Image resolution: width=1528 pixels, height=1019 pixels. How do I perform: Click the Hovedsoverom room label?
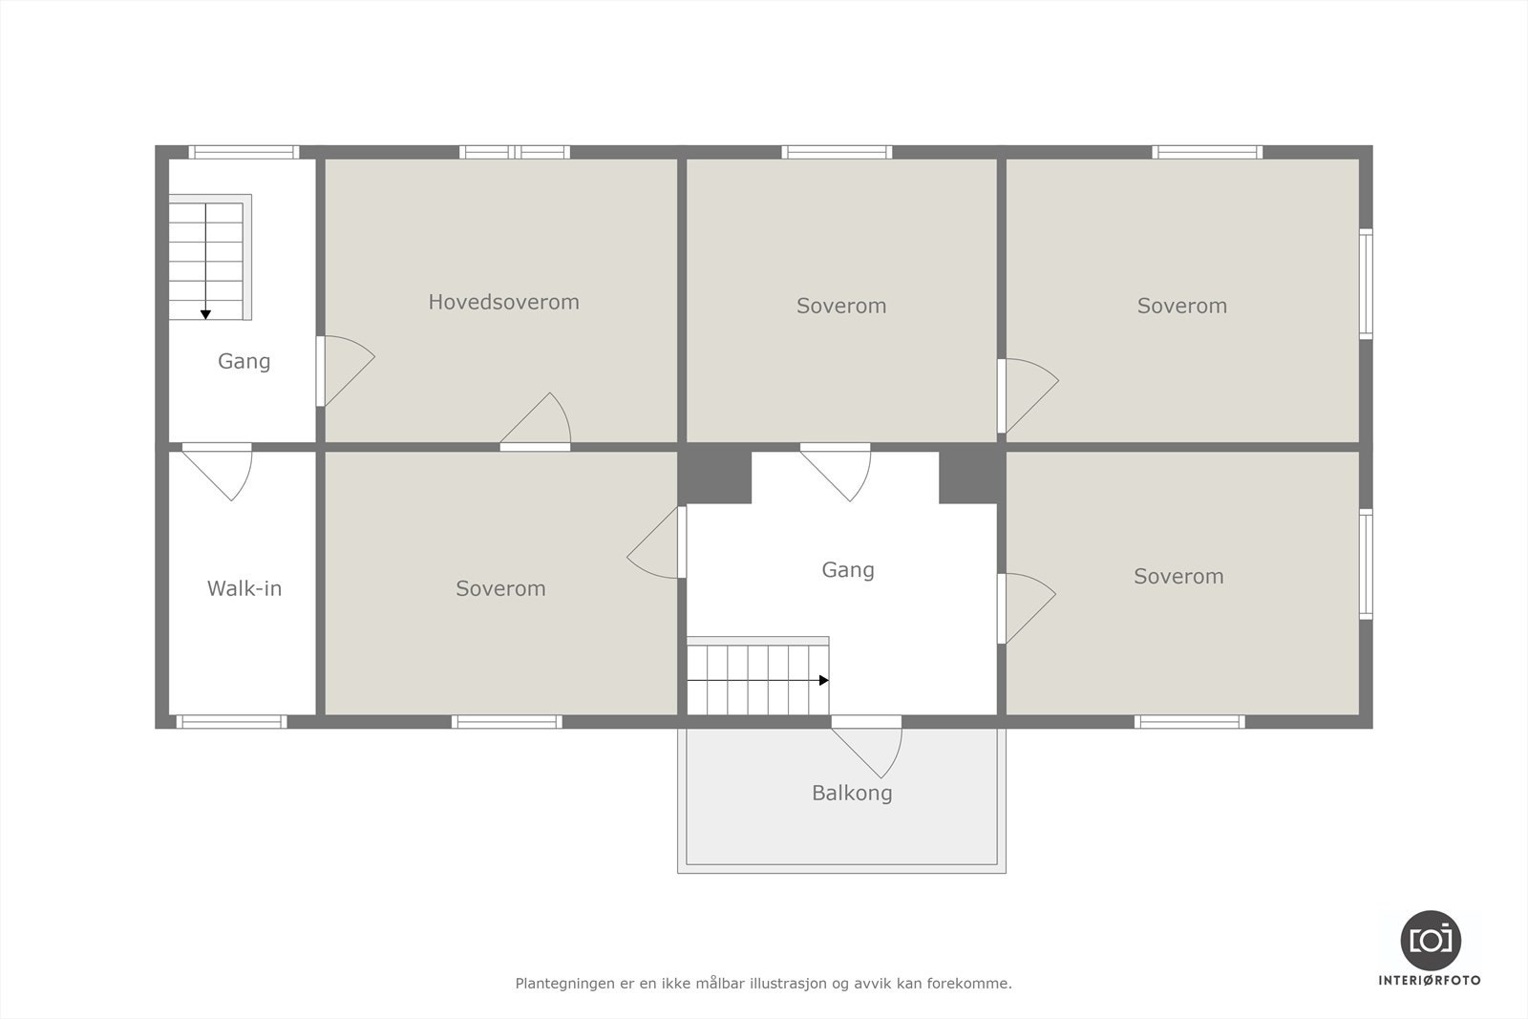[503, 302]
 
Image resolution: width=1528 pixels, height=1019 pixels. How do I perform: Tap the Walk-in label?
[244, 588]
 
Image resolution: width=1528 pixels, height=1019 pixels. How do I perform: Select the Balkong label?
[852, 793]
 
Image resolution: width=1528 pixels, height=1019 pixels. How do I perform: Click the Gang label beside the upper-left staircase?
[244, 361]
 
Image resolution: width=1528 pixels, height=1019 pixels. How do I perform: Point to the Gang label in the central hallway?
[848, 569]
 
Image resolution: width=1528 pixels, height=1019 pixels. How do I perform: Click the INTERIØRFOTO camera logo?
[1430, 940]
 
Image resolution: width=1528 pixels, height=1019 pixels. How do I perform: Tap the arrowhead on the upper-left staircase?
[205, 314]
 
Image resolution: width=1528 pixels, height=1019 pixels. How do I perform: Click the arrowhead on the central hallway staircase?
[823, 680]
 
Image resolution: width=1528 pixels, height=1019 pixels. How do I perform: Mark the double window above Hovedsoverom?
[514, 152]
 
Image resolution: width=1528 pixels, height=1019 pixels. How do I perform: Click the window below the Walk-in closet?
[231, 722]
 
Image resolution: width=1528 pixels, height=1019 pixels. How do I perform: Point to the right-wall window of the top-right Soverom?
[1366, 284]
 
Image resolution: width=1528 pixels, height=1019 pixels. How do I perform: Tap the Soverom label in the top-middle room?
[841, 306]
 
